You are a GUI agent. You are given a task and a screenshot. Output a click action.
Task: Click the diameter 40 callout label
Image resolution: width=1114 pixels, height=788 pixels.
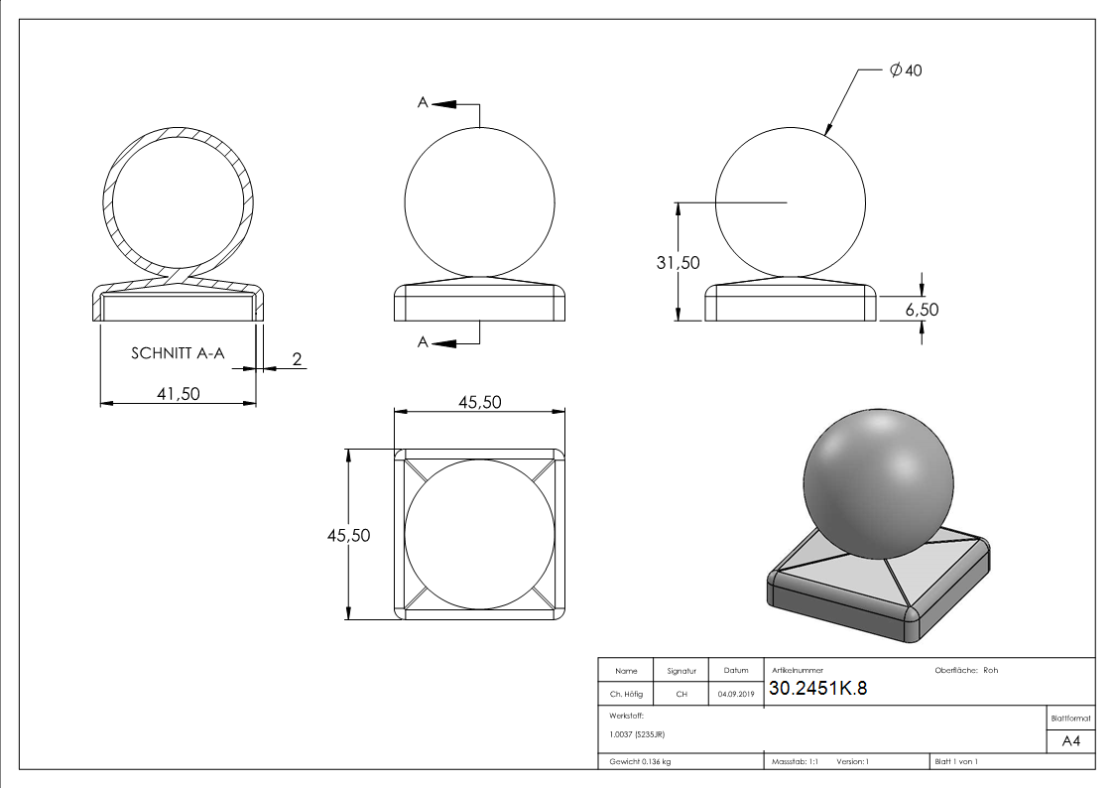[906, 69]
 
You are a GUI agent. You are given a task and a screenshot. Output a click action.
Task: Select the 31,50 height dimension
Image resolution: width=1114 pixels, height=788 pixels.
[678, 263]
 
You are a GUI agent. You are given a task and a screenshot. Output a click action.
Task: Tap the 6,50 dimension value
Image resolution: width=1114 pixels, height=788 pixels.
[922, 309]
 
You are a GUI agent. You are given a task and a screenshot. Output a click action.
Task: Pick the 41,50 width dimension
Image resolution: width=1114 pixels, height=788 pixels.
[179, 394]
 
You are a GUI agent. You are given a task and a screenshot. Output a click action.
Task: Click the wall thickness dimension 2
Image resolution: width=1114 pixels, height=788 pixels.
[297, 359]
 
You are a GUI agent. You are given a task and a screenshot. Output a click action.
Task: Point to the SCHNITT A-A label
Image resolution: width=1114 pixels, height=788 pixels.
[178, 353]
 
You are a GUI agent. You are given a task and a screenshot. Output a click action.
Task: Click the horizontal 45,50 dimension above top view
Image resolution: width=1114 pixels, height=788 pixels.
[479, 402]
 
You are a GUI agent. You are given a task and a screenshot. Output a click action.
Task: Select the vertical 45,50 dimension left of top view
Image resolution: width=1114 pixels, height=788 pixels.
[348, 535]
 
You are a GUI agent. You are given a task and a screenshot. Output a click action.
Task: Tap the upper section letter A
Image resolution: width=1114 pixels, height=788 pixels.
[423, 102]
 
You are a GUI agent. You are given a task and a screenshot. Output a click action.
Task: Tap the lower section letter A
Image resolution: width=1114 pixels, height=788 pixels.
[423, 342]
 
